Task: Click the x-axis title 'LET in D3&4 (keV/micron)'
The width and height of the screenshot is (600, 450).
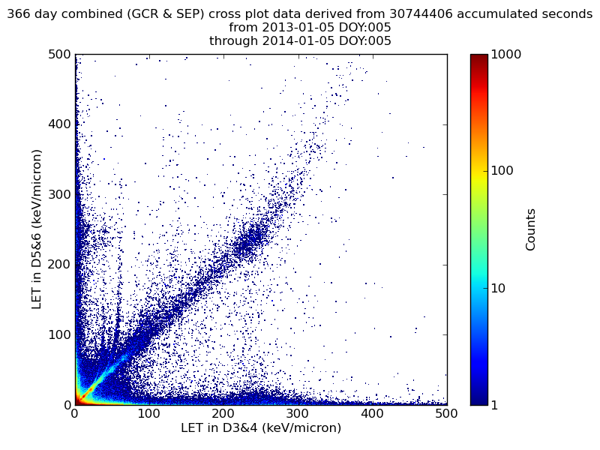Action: pos(261,428)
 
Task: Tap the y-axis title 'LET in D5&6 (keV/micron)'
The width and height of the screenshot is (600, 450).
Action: pos(36,229)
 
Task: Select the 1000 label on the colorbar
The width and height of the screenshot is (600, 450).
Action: pos(507,55)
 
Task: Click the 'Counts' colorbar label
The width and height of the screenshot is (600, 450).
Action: pos(531,229)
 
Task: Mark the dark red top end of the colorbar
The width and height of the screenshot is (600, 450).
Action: pos(478,57)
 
